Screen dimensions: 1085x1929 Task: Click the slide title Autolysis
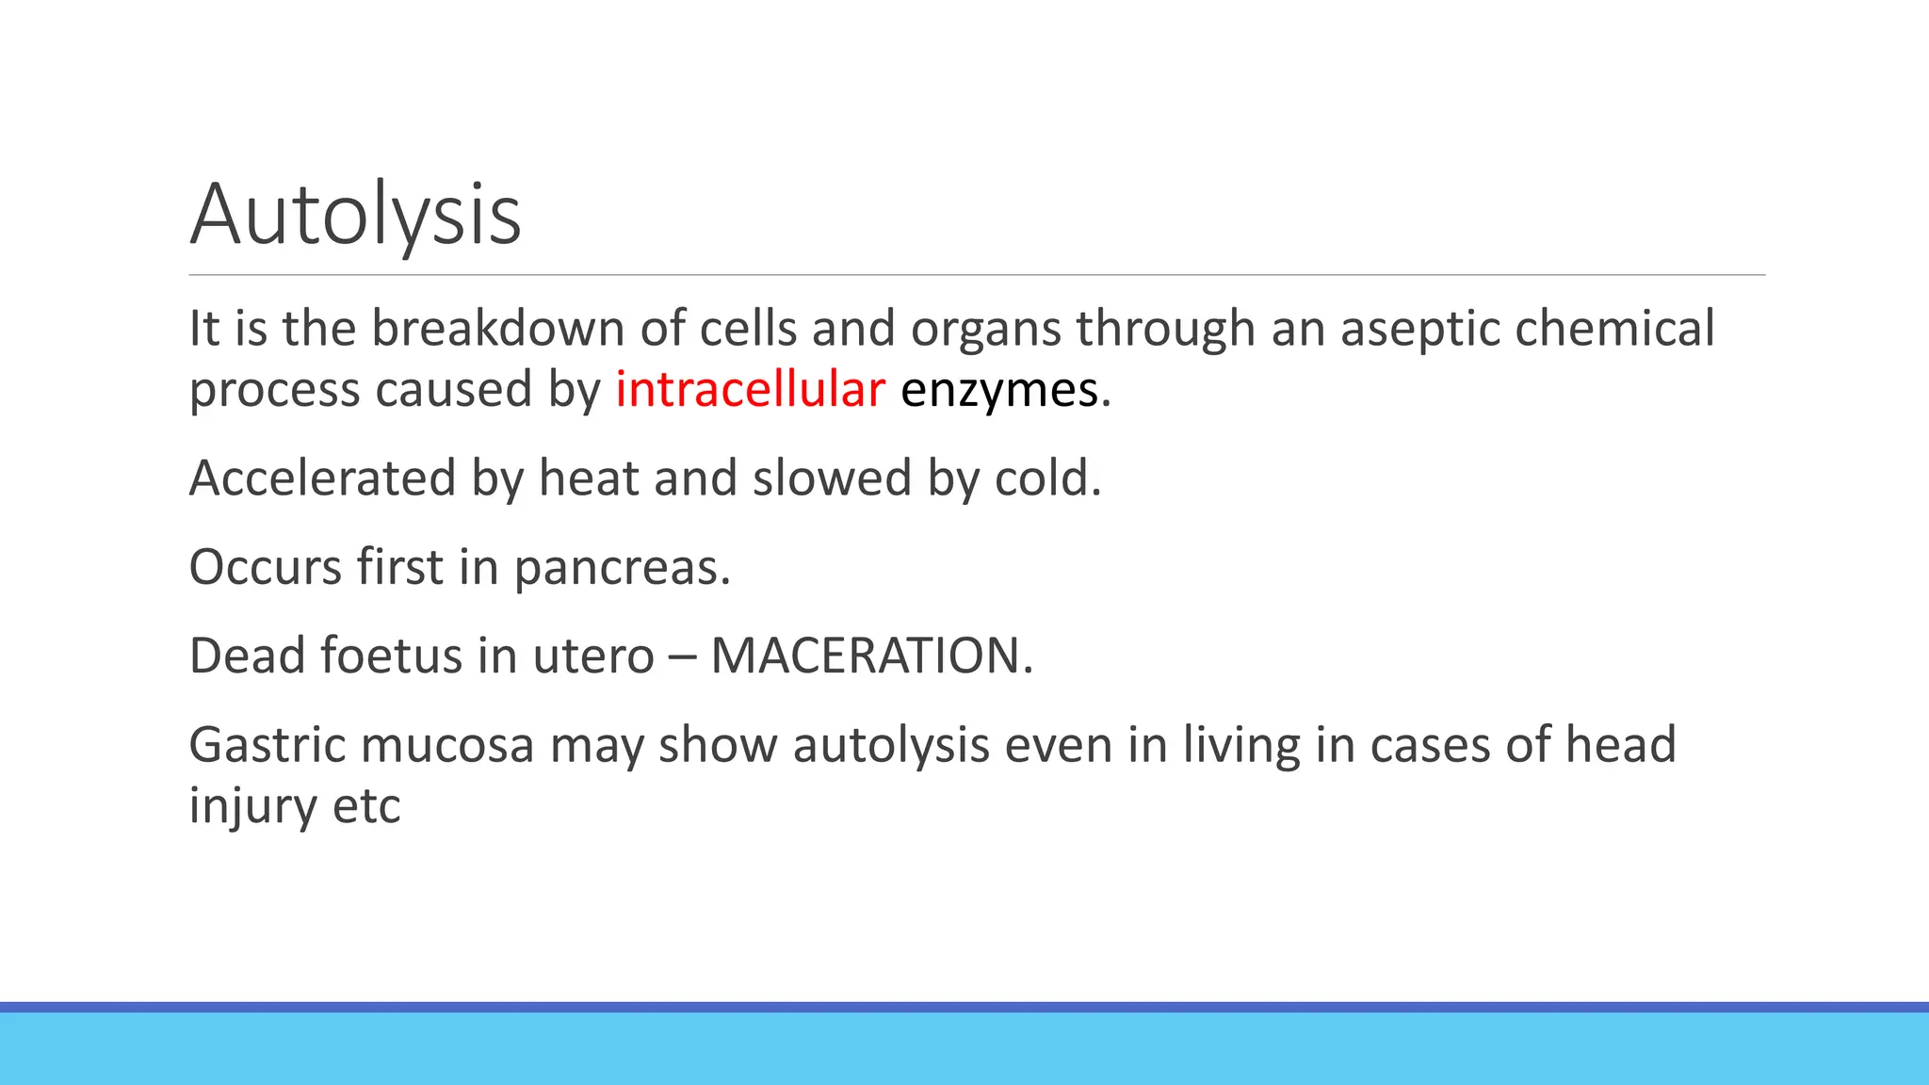pyautogui.click(x=355, y=215)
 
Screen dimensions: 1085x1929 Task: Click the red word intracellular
pyautogui.click(x=750, y=389)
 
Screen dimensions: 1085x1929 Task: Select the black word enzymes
pyautogui.click(x=999, y=389)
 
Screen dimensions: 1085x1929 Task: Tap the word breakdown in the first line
pyautogui.click(x=497, y=329)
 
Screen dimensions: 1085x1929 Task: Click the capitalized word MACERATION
pyautogui.click(x=865, y=656)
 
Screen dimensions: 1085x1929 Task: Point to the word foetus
pyautogui.click(x=391, y=656)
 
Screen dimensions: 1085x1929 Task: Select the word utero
pyautogui.click(x=592, y=656)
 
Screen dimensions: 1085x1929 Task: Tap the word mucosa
pyautogui.click(x=447, y=745)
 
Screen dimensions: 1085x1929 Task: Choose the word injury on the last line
pyautogui.click(x=239, y=806)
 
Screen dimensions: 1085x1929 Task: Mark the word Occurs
pyautogui.click(x=265, y=567)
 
